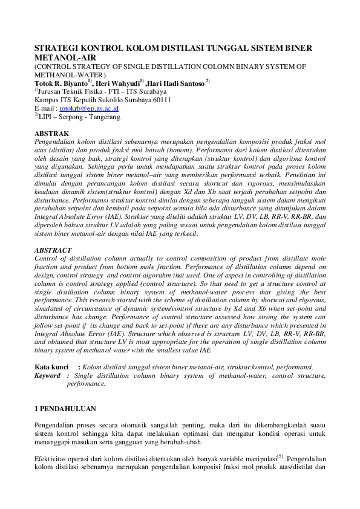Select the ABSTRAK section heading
click(x=51, y=133)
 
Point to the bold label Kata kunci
click(x=51, y=367)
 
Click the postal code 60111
click(x=160, y=100)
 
